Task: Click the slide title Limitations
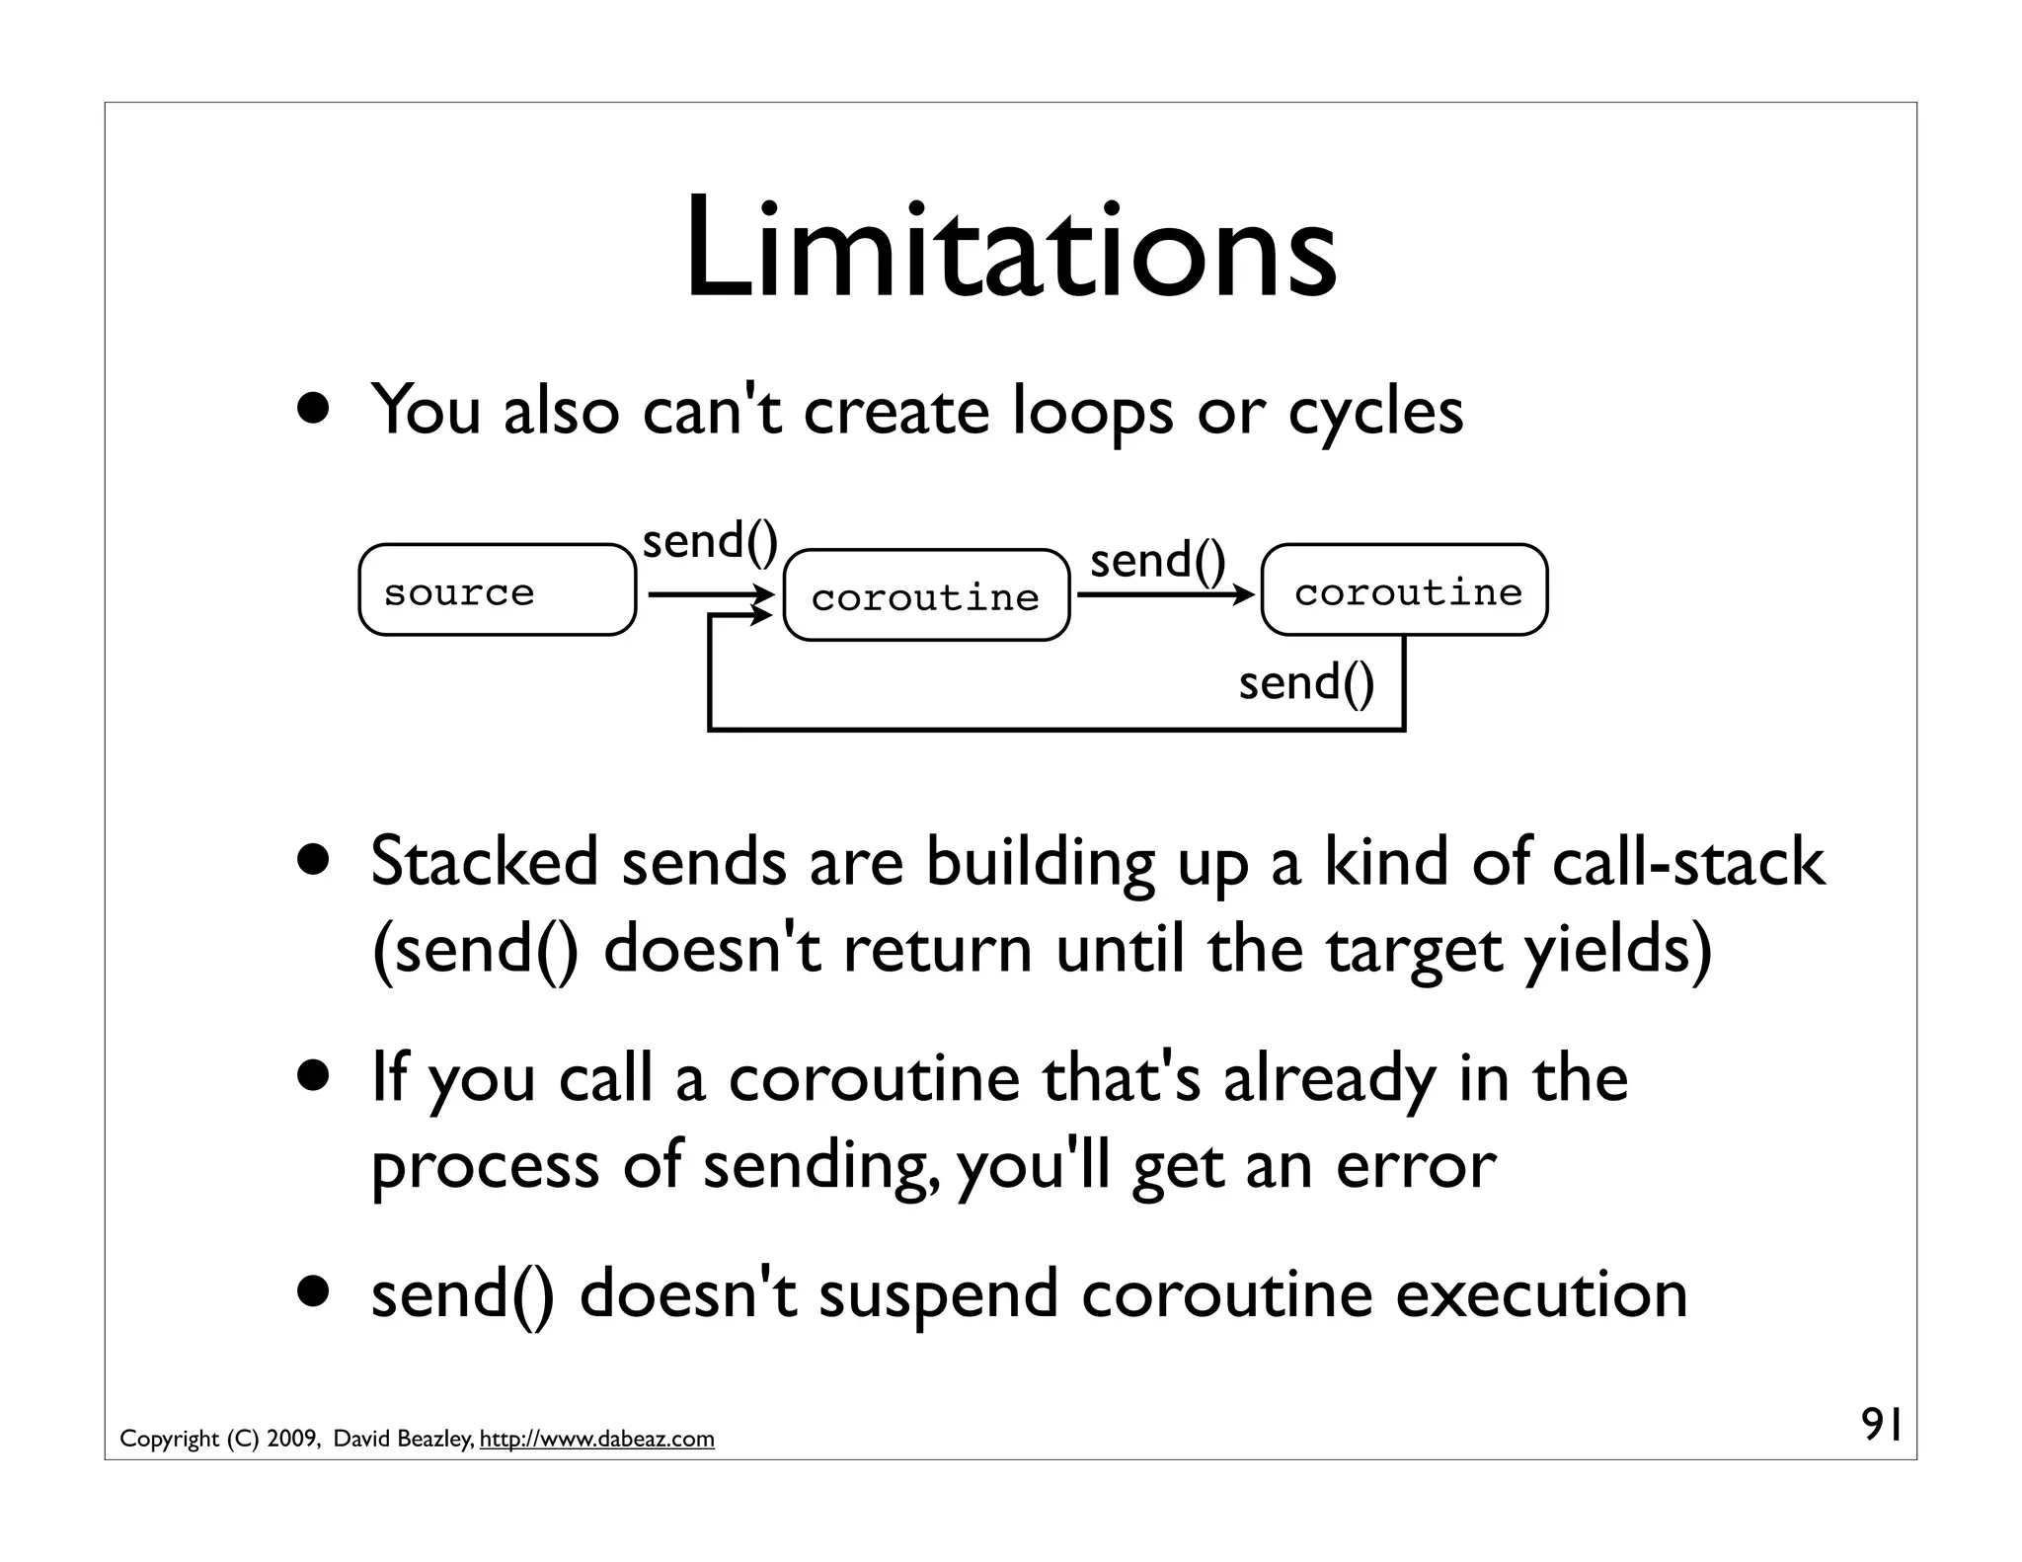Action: (x=1010, y=250)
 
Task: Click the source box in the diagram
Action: (x=497, y=590)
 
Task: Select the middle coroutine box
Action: (x=926, y=596)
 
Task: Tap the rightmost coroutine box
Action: (x=1404, y=590)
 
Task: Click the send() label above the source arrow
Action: (x=710, y=542)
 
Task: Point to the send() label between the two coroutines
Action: (x=1157, y=561)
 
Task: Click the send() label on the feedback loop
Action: (x=1305, y=683)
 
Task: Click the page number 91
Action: (x=1881, y=1425)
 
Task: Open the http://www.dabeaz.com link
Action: (x=596, y=1440)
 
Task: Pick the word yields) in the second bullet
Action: (x=1617, y=950)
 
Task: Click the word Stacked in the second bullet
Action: (x=484, y=862)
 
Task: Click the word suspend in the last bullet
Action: (x=938, y=1296)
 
